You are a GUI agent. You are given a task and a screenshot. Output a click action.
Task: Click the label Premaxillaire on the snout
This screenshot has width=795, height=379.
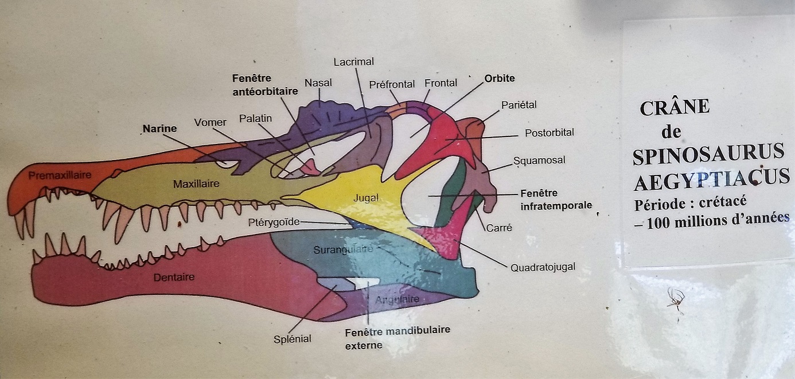(60, 175)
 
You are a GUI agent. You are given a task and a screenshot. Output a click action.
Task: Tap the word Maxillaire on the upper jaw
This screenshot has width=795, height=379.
(197, 184)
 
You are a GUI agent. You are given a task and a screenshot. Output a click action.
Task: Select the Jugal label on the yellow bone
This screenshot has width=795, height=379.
(367, 198)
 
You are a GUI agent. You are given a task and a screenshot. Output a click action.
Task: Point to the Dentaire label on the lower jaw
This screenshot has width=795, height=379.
(174, 278)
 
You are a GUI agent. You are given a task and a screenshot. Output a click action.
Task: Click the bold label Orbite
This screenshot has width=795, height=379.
(500, 79)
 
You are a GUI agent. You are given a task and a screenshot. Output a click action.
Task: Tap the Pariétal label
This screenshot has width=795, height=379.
(519, 105)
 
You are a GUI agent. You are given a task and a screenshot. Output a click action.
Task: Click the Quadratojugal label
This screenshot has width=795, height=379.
(543, 267)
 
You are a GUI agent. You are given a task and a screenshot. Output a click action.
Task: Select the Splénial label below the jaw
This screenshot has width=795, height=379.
(293, 339)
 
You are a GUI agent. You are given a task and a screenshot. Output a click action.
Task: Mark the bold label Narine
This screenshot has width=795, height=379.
(160, 128)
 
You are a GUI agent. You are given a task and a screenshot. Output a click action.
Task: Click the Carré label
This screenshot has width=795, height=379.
(498, 228)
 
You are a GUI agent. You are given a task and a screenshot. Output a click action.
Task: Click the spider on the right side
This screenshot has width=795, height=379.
(676, 300)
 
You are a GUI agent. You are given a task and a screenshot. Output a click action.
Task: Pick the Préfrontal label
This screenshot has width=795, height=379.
(392, 84)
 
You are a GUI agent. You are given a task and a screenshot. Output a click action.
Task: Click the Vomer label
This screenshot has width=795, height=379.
(210, 122)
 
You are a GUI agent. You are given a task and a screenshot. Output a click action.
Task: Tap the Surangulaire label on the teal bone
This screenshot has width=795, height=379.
(344, 249)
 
